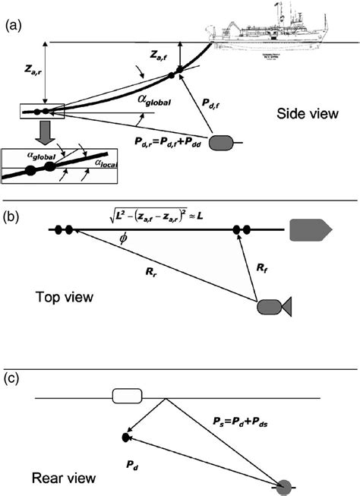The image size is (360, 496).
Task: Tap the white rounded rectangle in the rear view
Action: (x=127, y=396)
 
